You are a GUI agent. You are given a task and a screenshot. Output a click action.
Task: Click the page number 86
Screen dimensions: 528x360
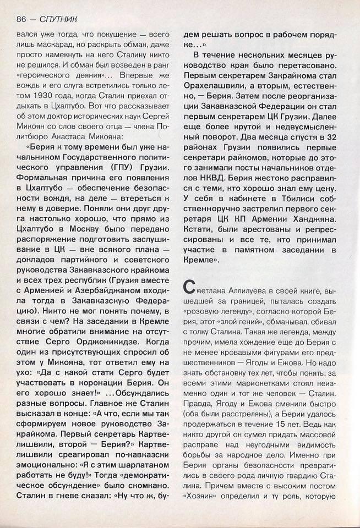pyautogui.click(x=23, y=18)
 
